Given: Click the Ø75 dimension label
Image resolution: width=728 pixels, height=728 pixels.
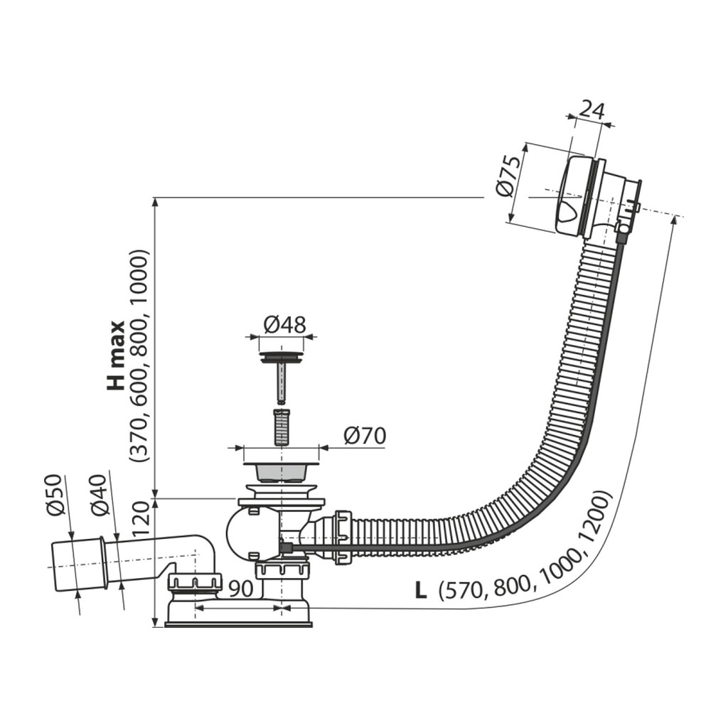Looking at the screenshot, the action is click(507, 177).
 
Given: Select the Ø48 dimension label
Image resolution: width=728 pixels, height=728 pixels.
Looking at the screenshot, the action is click(285, 325).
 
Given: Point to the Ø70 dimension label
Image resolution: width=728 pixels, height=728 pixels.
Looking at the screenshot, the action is click(365, 436).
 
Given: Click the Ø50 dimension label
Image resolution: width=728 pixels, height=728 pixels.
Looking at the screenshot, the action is click(54, 495).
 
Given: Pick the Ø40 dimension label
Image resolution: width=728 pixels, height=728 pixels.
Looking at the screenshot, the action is click(100, 495).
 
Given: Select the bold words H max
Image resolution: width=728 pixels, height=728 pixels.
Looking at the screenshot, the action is click(116, 357).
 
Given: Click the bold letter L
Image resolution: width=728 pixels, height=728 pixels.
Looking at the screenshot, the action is click(421, 591).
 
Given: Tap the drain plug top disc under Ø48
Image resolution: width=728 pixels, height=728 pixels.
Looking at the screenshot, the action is click(281, 357).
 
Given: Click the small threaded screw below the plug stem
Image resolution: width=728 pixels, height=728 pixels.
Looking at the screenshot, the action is click(280, 426).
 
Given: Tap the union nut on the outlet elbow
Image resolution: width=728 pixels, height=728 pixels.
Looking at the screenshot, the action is click(195, 582).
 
